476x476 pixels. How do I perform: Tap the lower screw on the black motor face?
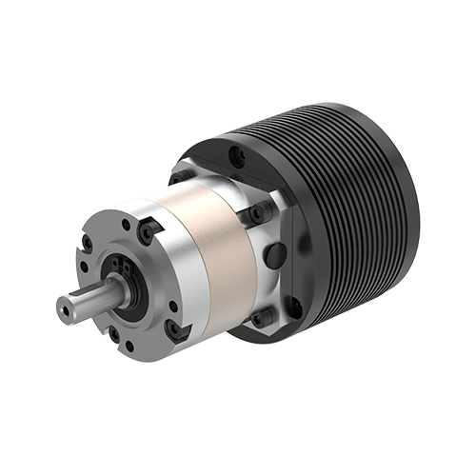pos(293,307)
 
